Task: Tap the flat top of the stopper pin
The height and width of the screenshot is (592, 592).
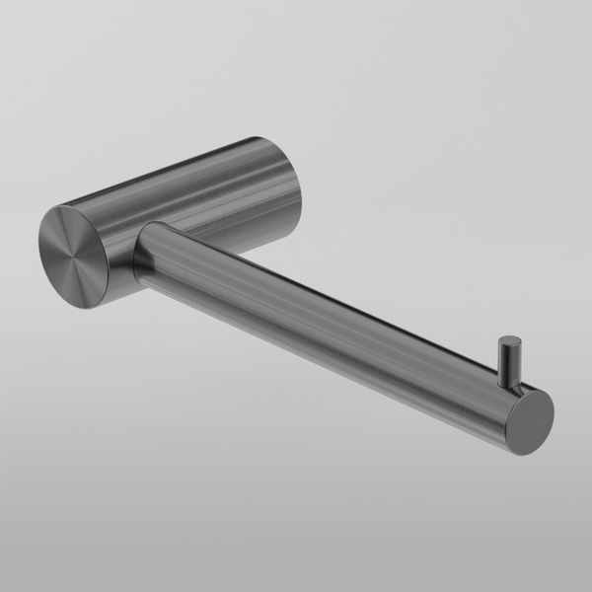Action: (510, 342)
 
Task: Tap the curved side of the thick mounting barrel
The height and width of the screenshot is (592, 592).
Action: (197, 197)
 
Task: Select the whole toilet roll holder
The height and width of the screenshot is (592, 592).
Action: (296, 286)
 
